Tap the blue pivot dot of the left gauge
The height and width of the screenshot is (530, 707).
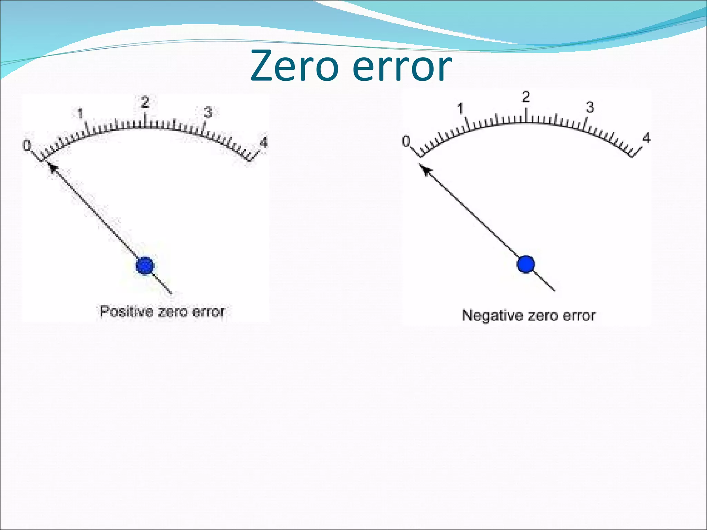click(145, 266)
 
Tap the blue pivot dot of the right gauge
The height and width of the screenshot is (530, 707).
click(526, 264)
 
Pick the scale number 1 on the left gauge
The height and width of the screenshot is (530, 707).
click(80, 113)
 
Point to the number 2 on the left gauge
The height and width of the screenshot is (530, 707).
click(145, 102)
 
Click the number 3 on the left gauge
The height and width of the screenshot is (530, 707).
click(207, 112)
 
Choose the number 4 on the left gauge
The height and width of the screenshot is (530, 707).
click(263, 142)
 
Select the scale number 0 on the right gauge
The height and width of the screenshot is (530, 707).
click(406, 141)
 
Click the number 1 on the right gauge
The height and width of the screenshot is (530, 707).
click(460, 109)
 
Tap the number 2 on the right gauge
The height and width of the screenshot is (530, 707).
click(525, 97)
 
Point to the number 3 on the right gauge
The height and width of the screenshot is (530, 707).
click(590, 107)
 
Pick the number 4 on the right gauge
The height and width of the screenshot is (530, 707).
click(646, 138)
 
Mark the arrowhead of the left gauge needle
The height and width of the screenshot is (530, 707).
click(51, 168)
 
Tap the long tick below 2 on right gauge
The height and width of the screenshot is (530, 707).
click(526, 116)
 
